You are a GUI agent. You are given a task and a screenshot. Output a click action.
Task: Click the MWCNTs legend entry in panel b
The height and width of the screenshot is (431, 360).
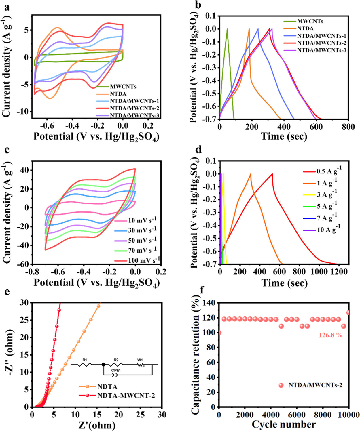click(310, 21)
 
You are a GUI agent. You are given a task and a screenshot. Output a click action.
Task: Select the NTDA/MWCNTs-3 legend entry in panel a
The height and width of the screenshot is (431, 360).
click(134, 116)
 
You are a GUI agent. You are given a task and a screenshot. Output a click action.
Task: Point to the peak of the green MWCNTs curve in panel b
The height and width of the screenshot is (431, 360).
click(227, 29)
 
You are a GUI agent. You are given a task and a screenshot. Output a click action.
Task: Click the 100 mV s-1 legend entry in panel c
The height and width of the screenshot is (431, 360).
click(143, 260)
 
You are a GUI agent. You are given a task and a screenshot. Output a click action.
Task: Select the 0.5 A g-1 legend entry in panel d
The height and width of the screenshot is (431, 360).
click(328, 171)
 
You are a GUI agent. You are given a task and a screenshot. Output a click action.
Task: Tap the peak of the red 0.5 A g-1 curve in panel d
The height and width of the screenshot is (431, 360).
click(272, 174)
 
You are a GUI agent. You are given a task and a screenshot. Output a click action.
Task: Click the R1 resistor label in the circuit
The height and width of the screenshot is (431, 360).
click(85, 360)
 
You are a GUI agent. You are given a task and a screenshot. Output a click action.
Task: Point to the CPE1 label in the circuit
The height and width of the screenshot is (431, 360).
click(116, 370)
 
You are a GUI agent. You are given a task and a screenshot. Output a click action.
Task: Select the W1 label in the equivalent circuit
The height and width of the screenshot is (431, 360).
click(140, 360)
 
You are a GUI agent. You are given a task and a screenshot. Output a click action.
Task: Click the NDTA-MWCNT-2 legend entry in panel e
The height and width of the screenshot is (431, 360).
click(126, 396)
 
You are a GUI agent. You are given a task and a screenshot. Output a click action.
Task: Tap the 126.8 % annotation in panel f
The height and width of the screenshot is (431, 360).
click(330, 335)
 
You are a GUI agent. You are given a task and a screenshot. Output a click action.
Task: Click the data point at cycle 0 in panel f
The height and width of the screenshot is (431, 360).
click(219, 333)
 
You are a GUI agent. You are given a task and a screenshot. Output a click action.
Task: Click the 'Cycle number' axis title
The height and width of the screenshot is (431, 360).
click(284, 424)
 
